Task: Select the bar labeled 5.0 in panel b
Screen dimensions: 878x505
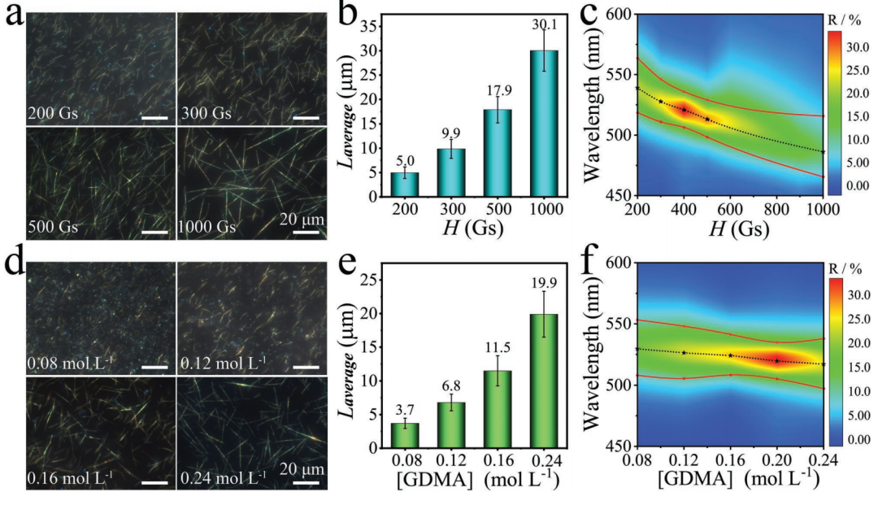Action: (x=405, y=185)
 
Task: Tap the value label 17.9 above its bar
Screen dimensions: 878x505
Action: (x=499, y=91)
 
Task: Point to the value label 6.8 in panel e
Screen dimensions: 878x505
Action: (x=451, y=386)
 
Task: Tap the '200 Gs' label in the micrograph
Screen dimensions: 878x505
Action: (x=53, y=114)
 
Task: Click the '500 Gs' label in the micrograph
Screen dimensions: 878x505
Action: (x=53, y=227)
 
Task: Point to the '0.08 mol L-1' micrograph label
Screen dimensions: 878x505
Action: (x=71, y=364)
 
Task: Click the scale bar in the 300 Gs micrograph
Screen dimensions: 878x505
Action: (x=306, y=118)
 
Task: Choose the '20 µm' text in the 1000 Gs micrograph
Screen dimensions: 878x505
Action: (x=302, y=219)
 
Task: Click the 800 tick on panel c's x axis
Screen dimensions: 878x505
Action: (x=776, y=209)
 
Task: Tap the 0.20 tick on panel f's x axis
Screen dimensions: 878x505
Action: (x=776, y=460)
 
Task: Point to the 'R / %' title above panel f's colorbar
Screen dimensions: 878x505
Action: (x=845, y=269)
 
